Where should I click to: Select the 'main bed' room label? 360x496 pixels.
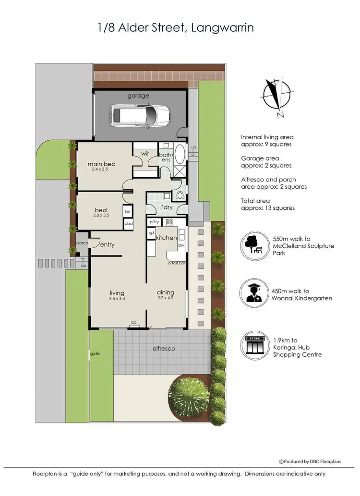[x=101, y=164]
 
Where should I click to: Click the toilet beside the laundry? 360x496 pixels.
[x=180, y=195]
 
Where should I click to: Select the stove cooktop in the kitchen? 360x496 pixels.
[x=169, y=222]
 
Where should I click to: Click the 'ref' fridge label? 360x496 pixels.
[x=151, y=233]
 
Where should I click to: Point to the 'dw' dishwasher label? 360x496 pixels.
[x=181, y=245]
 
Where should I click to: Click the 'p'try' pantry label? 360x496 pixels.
[x=154, y=222]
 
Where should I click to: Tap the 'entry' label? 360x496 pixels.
[x=107, y=244]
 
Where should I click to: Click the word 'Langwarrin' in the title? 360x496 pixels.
[x=222, y=28]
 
